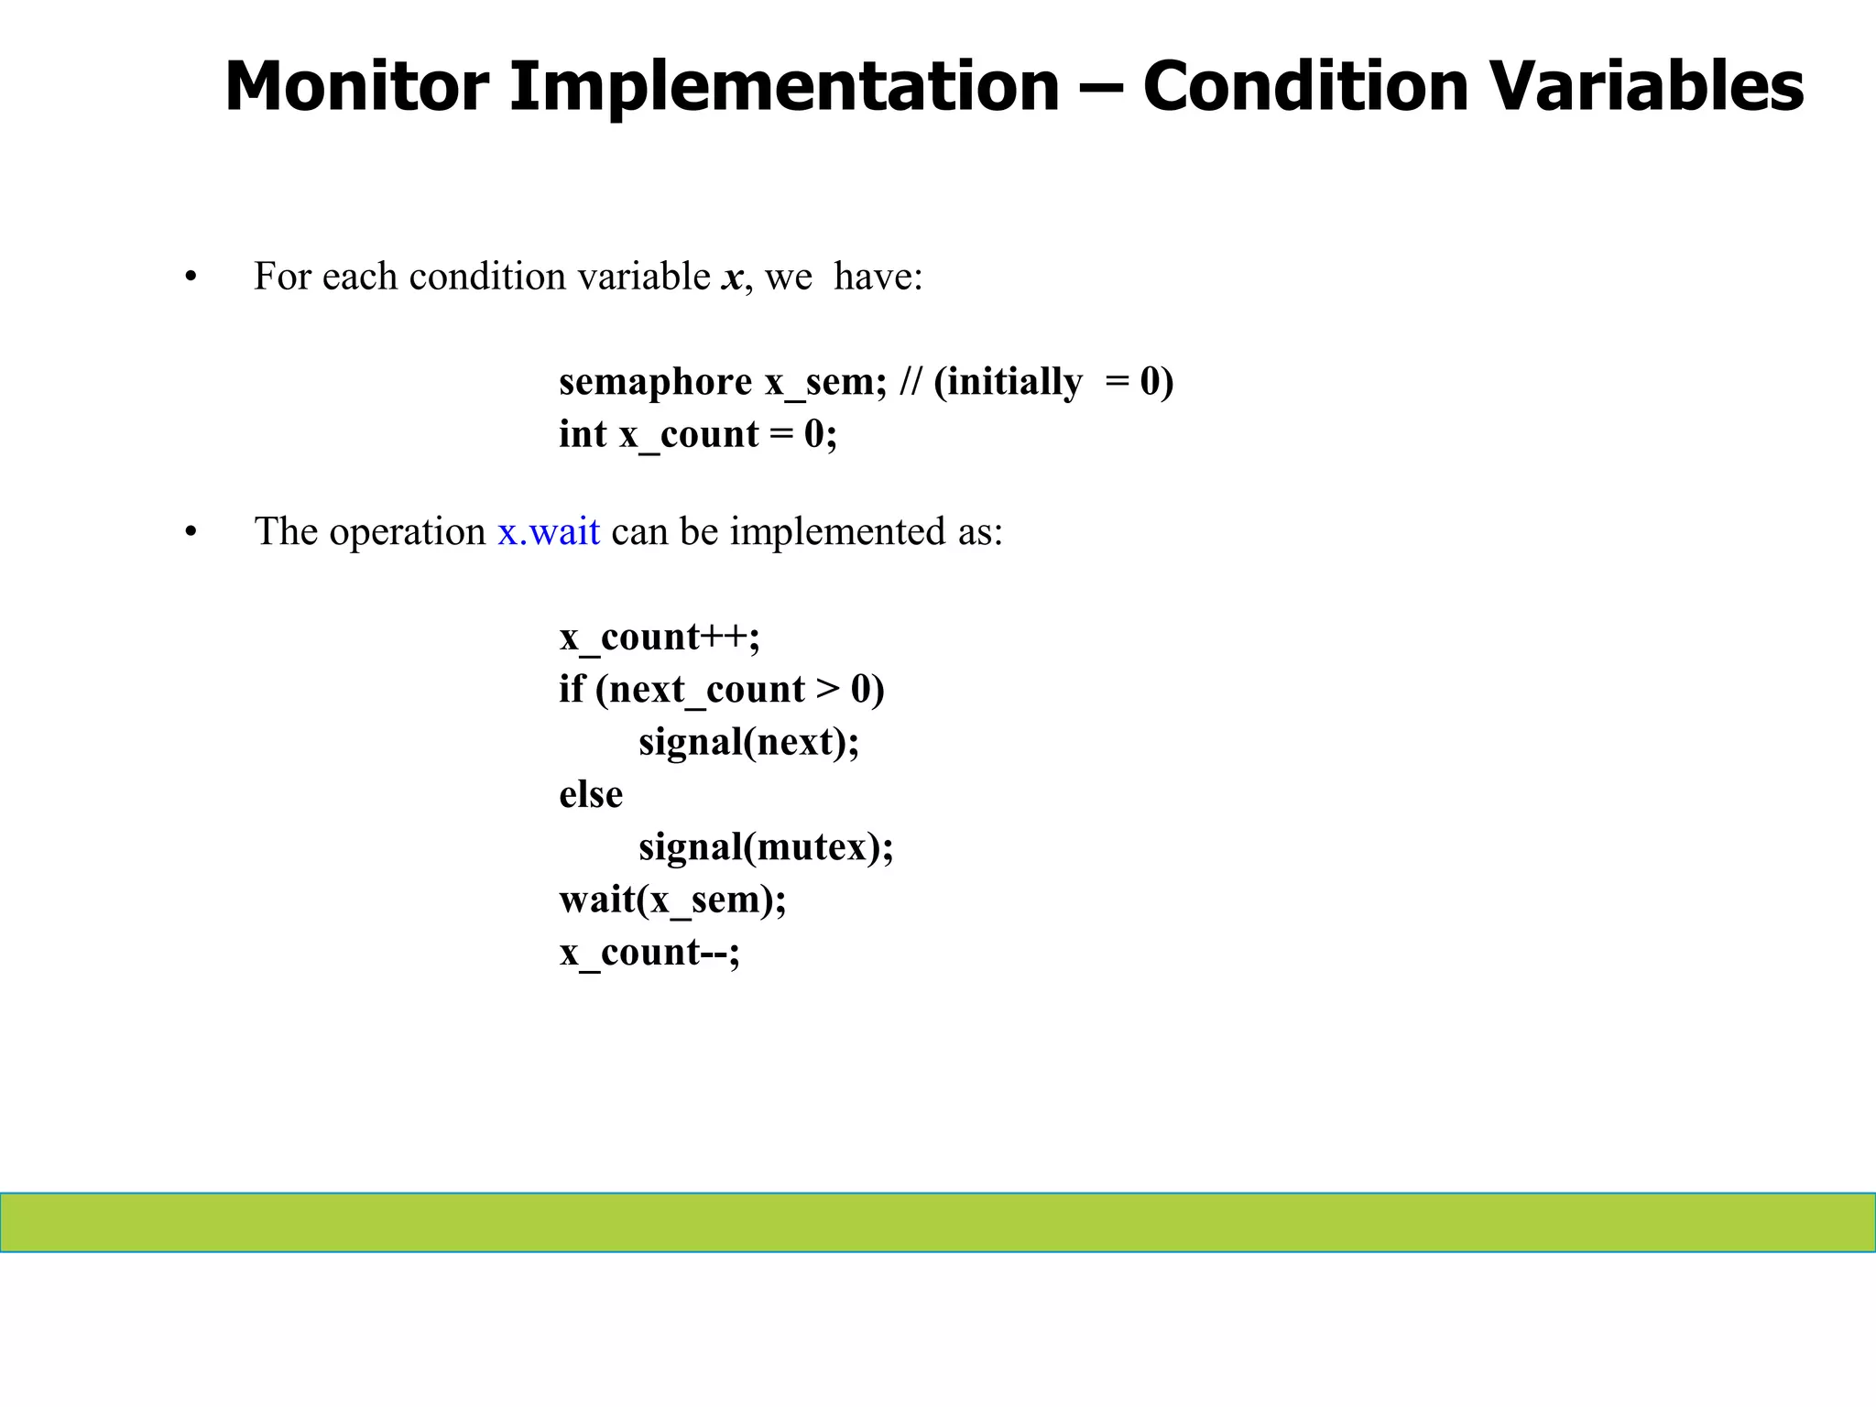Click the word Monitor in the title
pos(356,86)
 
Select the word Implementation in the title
pos(784,86)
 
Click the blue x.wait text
pos(549,532)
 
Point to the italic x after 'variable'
pos(732,278)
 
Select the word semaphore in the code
pos(655,382)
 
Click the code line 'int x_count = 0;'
pos(697,434)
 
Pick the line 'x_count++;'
pos(660,637)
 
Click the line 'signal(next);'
pos(748,742)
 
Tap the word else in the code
pos(591,794)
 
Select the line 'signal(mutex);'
pos(766,847)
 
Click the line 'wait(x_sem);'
pos(672,900)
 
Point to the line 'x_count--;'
pos(649,953)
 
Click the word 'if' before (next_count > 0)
pos(571,689)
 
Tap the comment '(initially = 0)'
pos(1053,382)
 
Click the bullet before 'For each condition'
pos(191,278)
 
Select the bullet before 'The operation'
pos(191,532)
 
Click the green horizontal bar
pos(938,1222)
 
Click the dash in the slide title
pos(1100,88)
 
